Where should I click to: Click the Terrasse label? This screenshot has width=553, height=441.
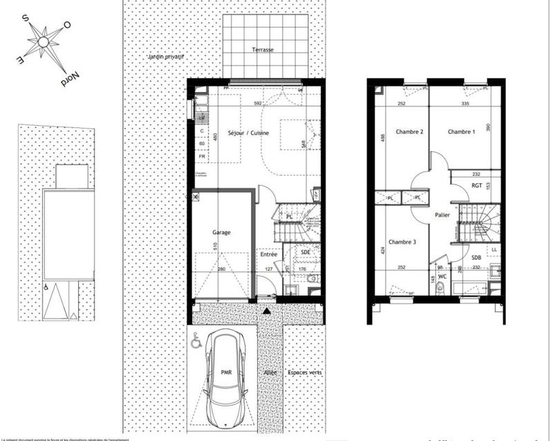click(263, 50)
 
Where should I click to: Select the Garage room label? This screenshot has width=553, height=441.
click(221, 233)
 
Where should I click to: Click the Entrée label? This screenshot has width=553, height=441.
click(268, 254)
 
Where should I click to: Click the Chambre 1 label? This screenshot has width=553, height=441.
click(461, 131)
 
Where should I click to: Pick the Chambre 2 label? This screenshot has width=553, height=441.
click(409, 131)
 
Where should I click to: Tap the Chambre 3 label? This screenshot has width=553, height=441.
click(402, 242)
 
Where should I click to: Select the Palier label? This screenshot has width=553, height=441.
click(442, 215)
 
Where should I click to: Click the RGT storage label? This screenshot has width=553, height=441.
click(476, 185)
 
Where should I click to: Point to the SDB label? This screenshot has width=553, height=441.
click(476, 258)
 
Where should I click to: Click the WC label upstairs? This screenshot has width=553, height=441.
click(443, 276)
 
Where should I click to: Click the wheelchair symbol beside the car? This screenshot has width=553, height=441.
click(197, 341)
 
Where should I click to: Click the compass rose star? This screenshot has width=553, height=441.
click(44, 42)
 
